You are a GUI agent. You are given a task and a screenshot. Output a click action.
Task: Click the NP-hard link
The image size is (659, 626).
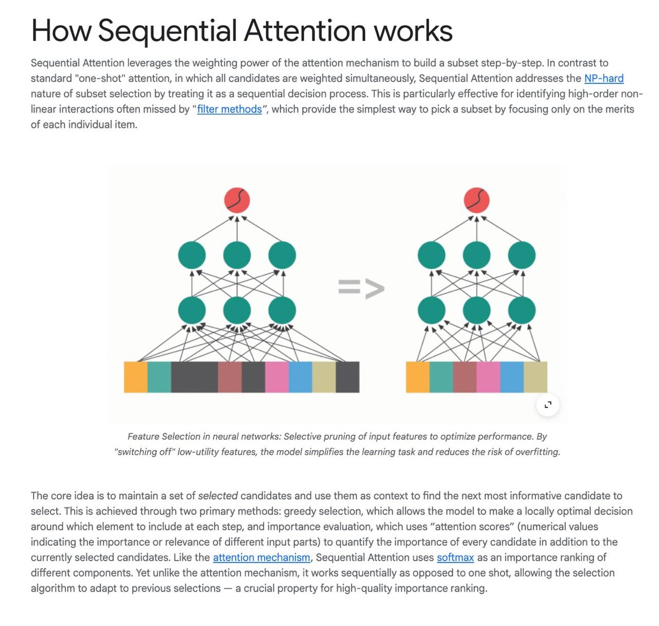coord(604,79)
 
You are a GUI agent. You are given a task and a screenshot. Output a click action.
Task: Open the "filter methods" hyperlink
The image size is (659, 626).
coord(230,109)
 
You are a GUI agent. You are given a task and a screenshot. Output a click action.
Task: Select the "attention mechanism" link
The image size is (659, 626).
coord(261,557)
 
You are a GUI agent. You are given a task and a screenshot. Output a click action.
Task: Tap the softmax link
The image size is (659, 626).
coord(455,557)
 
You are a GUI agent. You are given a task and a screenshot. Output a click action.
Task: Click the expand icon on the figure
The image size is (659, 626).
coord(548,405)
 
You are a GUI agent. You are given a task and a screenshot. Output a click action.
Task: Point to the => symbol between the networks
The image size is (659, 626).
coord(361,288)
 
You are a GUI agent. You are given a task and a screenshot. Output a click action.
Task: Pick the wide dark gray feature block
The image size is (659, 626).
coord(194,377)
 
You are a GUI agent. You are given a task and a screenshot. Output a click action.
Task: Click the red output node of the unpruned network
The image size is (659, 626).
coord(237,200)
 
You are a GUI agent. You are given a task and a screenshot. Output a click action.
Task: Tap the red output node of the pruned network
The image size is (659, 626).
coord(477,200)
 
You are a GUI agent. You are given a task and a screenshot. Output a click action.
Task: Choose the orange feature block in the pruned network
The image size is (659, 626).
coord(417,377)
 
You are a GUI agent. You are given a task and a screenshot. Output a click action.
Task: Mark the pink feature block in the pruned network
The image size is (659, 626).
coord(488,377)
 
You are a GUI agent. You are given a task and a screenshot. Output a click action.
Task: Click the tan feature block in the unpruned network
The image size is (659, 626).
coord(323,377)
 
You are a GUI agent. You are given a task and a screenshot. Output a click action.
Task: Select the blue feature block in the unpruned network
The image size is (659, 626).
coord(300,377)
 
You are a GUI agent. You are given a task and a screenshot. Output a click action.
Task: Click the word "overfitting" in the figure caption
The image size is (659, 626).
coord(537,452)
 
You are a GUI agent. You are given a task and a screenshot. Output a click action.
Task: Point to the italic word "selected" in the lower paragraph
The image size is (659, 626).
coord(217,496)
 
